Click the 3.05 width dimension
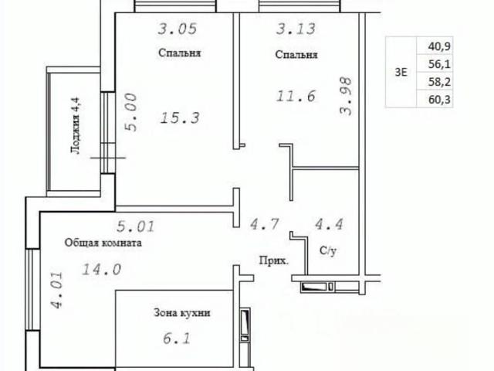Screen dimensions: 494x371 coord(178,29)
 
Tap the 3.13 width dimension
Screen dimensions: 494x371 coord(296,29)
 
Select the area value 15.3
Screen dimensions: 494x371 coord(180,118)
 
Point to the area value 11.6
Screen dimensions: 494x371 coord(296,96)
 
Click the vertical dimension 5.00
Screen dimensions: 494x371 coord(130,112)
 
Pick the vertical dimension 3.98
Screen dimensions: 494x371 coord(345,97)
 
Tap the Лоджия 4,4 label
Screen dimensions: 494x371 coord(76,125)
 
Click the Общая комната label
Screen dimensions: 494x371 coord(103,243)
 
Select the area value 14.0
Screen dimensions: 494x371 coord(101,270)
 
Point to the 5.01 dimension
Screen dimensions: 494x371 coord(136,226)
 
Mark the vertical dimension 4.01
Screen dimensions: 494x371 coord(57,291)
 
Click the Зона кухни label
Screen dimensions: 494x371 coord(182,313)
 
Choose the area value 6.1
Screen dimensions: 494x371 coord(177,339)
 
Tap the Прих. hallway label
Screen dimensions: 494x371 coord(273,261)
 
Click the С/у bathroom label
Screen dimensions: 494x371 coord(328,250)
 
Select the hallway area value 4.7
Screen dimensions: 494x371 coord(265,224)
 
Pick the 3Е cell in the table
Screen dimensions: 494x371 coord(401,73)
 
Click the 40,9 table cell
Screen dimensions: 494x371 coord(439,46)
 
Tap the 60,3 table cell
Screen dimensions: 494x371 coord(439,100)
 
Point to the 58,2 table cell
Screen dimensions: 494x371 coord(439,82)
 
